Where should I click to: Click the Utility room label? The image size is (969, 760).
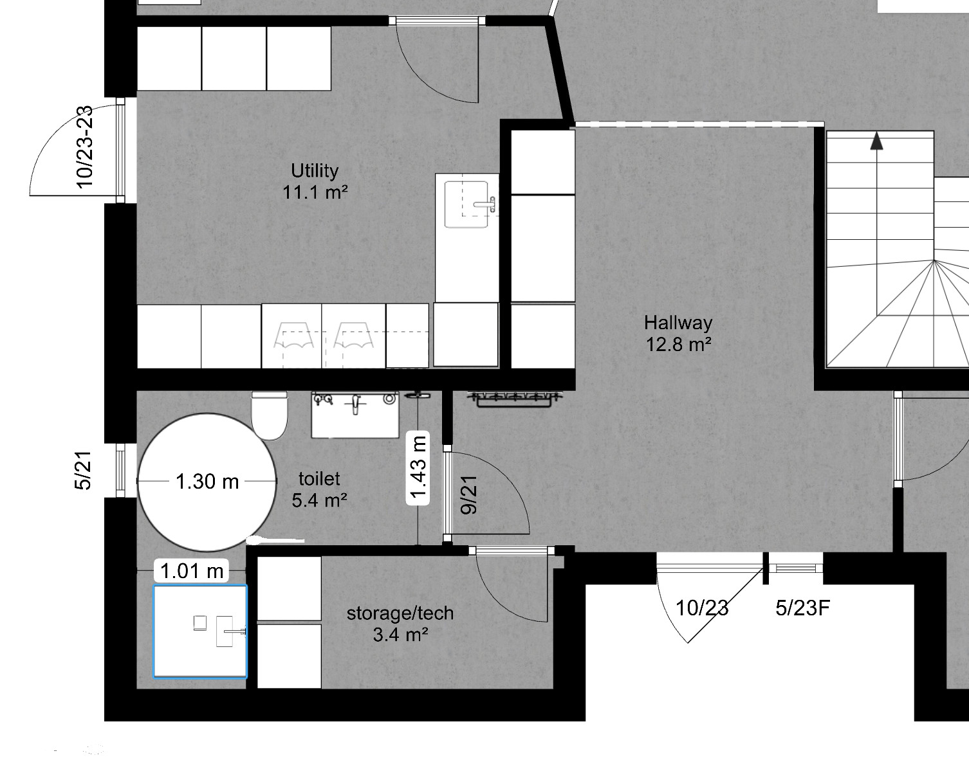click(x=315, y=170)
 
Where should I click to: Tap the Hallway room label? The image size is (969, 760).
click(x=678, y=323)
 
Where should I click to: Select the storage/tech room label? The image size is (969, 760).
click(x=400, y=613)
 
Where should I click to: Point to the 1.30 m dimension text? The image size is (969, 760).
click(x=207, y=482)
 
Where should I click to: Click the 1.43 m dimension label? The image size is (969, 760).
click(x=418, y=467)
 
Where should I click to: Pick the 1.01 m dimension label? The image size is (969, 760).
click(x=191, y=571)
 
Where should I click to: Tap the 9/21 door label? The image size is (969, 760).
click(x=469, y=495)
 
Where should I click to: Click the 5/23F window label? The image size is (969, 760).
click(x=802, y=608)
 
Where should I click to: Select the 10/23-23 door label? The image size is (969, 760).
click(x=85, y=147)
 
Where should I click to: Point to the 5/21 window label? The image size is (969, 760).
click(x=84, y=471)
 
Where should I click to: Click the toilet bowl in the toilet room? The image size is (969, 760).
click(x=270, y=415)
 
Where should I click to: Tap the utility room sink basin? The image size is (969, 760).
click(x=466, y=204)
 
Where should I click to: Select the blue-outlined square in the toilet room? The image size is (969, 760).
click(x=200, y=631)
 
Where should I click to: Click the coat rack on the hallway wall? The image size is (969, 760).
click(x=515, y=399)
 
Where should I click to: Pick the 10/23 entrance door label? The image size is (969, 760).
click(x=703, y=608)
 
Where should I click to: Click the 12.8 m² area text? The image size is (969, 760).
click(x=679, y=345)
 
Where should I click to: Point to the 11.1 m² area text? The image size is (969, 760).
click(x=315, y=192)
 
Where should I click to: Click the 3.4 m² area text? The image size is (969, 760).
click(x=400, y=635)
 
